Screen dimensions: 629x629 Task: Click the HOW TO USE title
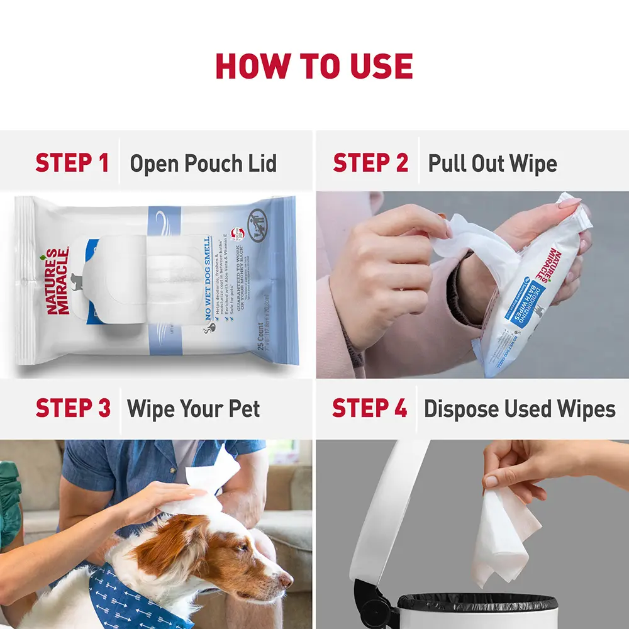pos(314,66)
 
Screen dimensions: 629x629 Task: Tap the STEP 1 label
pos(72,163)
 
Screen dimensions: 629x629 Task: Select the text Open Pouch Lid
pos(203,164)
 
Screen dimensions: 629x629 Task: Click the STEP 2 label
pos(370,163)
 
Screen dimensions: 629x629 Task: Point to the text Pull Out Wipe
pos(493,164)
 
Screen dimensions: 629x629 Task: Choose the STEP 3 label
pos(73,408)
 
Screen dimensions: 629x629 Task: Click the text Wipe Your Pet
pos(193,409)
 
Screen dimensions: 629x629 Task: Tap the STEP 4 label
pos(370,408)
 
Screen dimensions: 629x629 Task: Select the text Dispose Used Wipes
pos(520,409)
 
